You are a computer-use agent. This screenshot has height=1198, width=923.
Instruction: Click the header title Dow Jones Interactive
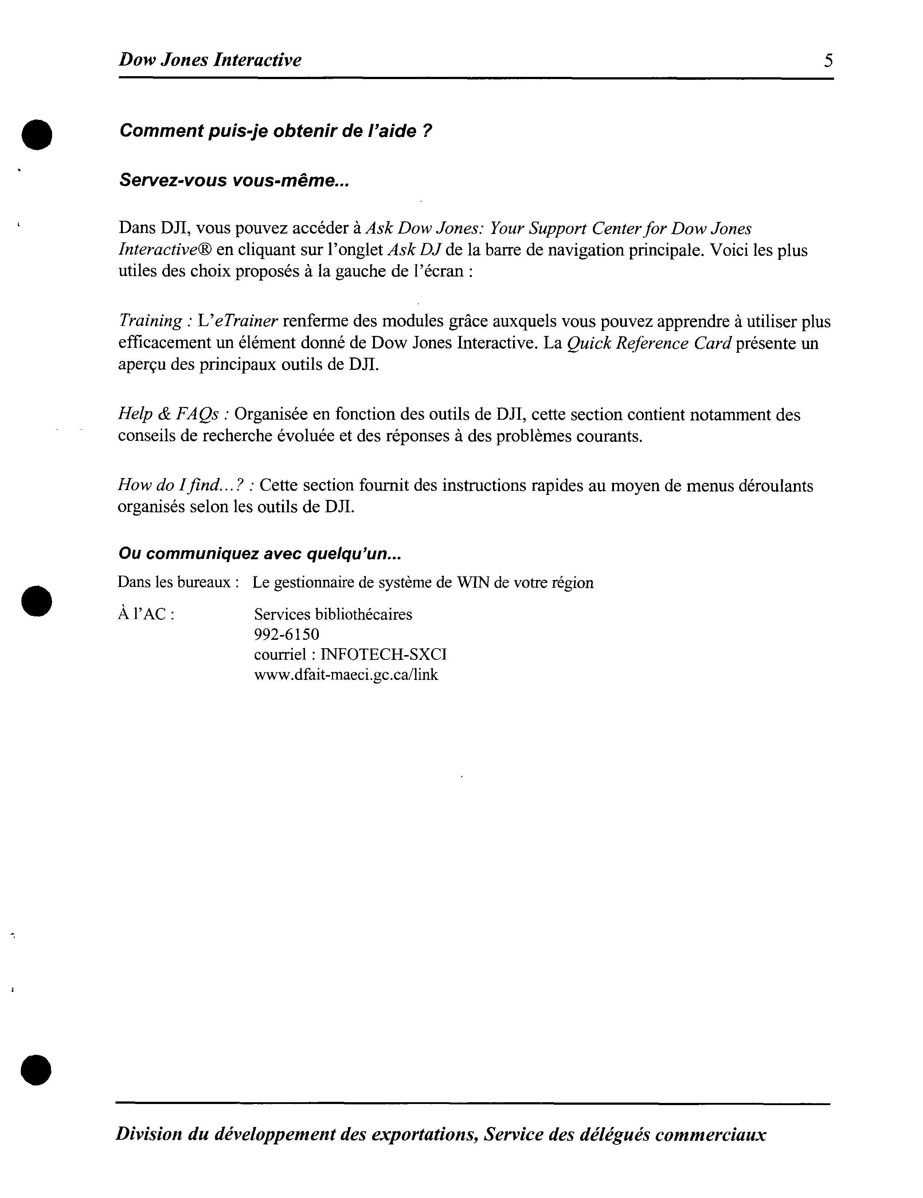click(x=210, y=60)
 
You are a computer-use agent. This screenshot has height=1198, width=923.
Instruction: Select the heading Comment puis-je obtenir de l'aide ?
click(x=275, y=131)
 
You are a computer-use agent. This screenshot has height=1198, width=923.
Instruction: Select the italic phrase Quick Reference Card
click(x=649, y=343)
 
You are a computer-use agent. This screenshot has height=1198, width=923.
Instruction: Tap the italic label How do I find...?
click(x=185, y=485)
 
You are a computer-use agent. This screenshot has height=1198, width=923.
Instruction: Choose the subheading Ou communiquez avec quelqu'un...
click(x=259, y=554)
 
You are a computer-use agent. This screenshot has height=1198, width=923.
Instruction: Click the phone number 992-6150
click(x=286, y=635)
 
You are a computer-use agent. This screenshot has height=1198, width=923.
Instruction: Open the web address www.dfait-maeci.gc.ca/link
click(x=346, y=675)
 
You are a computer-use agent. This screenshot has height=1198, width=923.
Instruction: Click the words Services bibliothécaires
click(x=333, y=614)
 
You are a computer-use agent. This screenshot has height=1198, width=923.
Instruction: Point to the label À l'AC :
click(x=146, y=614)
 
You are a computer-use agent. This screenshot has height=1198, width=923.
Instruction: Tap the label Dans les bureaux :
click(x=178, y=582)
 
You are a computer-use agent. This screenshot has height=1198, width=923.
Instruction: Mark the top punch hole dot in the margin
click(x=37, y=134)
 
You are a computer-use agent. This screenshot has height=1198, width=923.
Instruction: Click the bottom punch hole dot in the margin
click(x=36, y=1070)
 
